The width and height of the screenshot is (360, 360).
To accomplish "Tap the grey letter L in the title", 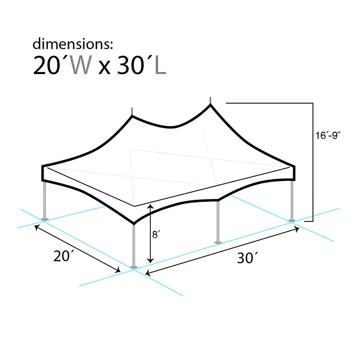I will [x=160, y=66].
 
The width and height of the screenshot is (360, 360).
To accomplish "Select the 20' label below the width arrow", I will [x=63, y=256].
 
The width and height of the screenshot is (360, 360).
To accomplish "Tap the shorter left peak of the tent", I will [x=132, y=116].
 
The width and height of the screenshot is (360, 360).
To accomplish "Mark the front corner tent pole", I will [x=133, y=245].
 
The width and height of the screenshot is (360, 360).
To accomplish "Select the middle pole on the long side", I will [x=218, y=220].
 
